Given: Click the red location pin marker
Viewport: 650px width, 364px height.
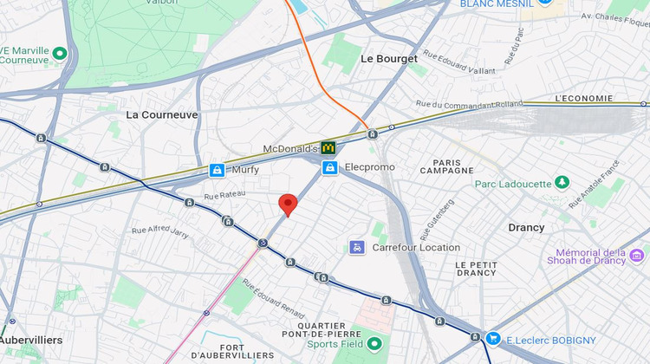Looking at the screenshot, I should (x=288, y=205).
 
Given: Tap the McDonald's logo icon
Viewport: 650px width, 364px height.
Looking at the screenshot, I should (x=328, y=148).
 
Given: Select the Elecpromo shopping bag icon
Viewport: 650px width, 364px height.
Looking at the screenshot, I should (x=329, y=167).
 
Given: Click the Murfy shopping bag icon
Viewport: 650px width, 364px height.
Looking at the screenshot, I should (x=218, y=170).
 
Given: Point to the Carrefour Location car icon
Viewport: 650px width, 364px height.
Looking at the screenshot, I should (x=357, y=247).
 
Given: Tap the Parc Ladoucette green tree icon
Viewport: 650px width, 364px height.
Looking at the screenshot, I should (x=562, y=183).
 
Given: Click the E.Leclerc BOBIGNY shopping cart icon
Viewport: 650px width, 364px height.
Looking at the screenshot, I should (x=493, y=338).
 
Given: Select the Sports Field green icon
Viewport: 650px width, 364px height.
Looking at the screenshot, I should (x=374, y=343).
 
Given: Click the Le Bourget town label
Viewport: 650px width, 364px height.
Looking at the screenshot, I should (x=388, y=59).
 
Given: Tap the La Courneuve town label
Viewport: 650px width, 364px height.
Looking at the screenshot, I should (x=162, y=114).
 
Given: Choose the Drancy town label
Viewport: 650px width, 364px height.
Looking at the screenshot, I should (x=526, y=227).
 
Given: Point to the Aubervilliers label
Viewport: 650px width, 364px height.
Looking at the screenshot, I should (x=30, y=340).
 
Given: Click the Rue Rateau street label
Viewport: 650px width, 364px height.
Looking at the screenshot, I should (x=223, y=198).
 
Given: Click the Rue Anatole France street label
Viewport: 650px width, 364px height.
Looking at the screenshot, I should (x=595, y=183).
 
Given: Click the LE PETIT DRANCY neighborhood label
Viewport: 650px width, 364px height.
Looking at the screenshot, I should (x=476, y=268).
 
